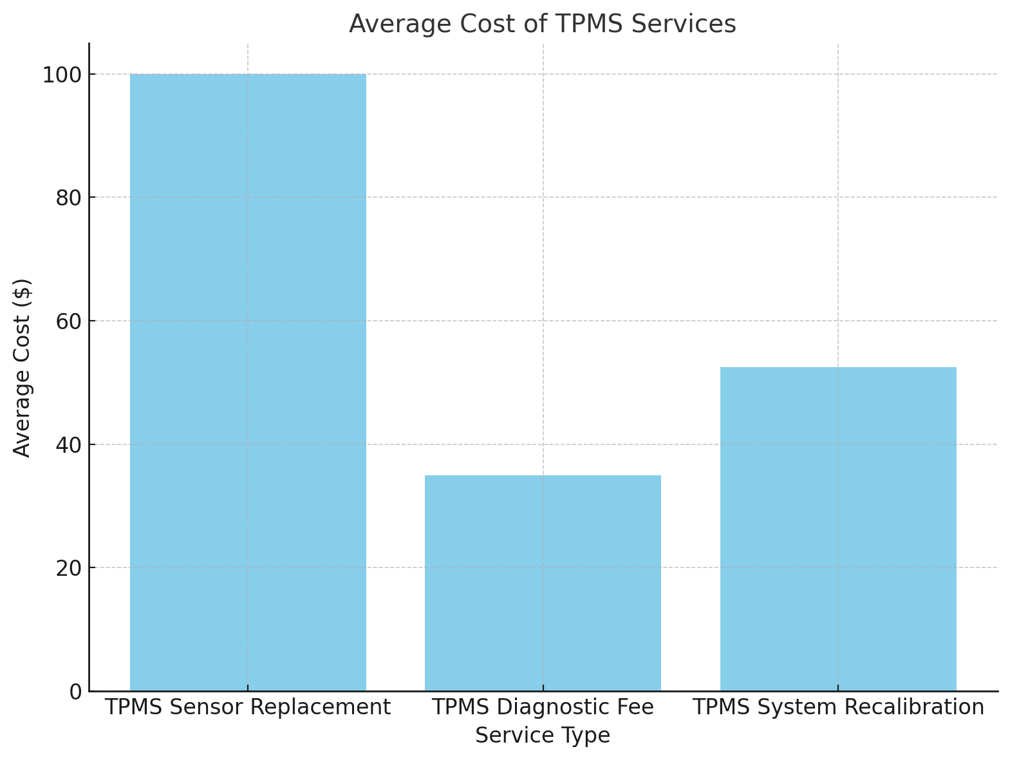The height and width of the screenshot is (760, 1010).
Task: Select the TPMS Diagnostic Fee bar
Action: [x=543, y=583]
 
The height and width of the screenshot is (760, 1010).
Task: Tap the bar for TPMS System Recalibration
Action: [x=837, y=529]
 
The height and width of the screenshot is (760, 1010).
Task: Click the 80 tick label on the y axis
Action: [x=69, y=198]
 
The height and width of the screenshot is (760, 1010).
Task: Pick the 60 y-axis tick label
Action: [x=69, y=321]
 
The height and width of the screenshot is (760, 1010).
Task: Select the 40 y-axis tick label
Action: [x=69, y=444]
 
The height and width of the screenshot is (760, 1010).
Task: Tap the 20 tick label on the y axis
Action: [x=69, y=568]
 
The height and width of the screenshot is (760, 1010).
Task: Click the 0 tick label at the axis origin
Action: [x=76, y=692]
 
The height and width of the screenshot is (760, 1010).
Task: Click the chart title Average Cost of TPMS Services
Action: [x=542, y=24]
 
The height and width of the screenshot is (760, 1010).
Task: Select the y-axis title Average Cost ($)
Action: [x=23, y=368]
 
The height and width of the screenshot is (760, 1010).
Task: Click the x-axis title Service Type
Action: [x=542, y=735]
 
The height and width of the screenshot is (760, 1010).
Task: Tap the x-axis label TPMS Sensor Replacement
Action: [x=248, y=707]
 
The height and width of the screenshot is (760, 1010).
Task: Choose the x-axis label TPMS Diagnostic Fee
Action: [x=543, y=707]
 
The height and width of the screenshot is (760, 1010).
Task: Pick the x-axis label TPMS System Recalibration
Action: [x=838, y=707]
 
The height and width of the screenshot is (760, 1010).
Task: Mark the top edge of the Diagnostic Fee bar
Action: [x=543, y=476]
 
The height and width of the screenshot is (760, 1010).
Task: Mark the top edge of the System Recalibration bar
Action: [x=837, y=368]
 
